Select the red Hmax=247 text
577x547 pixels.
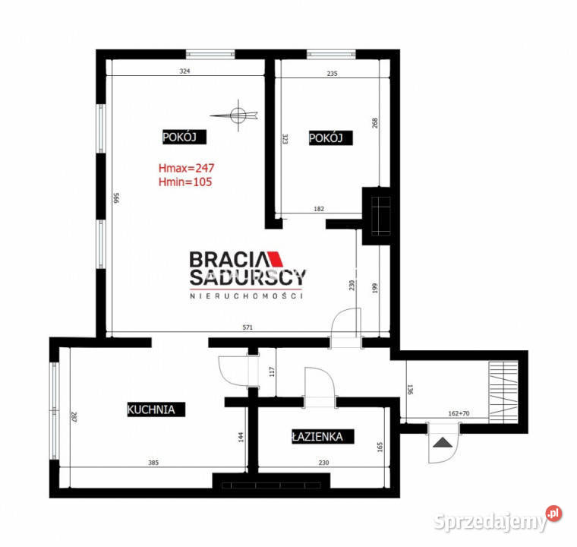tap(186, 168)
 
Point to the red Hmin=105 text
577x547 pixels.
tap(185, 182)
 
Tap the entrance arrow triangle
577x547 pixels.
tap(443, 442)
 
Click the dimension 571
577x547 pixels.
tap(248, 327)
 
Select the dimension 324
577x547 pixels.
tap(184, 71)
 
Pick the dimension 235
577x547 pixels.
tap(332, 73)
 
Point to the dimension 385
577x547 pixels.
tap(153, 462)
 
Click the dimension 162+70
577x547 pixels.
tap(459, 413)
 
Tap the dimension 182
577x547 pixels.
tap(319, 209)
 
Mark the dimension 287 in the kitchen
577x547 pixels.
tap(74, 417)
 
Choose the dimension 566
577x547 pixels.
tap(116, 198)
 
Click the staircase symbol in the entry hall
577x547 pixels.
tap(503, 392)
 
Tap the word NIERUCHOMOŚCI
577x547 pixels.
tap(247, 296)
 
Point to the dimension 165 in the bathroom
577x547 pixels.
tap(380, 447)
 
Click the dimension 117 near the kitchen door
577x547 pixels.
tap(272, 372)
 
